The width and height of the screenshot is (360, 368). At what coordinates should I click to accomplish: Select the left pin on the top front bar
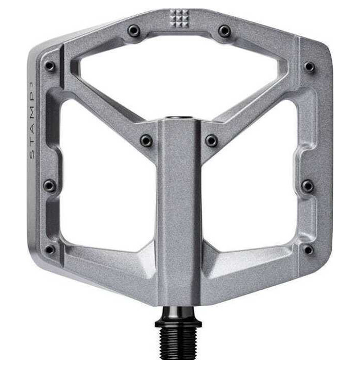tap(134, 31)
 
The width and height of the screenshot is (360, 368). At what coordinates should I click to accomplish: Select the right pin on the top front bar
tap(224, 31)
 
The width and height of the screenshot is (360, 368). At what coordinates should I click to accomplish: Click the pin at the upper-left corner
tap(50, 66)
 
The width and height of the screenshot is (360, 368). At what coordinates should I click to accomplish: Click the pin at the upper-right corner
tap(309, 66)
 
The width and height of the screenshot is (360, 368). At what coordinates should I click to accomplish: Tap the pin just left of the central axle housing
tap(146, 141)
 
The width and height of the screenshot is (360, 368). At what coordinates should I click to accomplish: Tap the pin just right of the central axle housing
tap(211, 141)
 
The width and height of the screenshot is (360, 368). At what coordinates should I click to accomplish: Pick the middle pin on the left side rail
tap(50, 186)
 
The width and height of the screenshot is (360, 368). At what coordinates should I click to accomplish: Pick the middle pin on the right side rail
tap(308, 186)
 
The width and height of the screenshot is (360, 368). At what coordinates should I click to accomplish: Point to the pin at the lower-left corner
tap(50, 250)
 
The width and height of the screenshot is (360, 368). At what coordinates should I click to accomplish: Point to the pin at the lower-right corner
tap(308, 250)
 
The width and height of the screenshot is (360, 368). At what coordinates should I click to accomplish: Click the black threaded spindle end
tap(178, 348)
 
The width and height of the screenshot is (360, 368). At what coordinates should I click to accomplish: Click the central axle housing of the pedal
tap(178, 215)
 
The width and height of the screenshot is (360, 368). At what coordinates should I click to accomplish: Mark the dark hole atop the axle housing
tap(178, 119)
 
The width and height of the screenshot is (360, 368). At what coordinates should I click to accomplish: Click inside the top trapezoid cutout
tap(178, 77)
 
